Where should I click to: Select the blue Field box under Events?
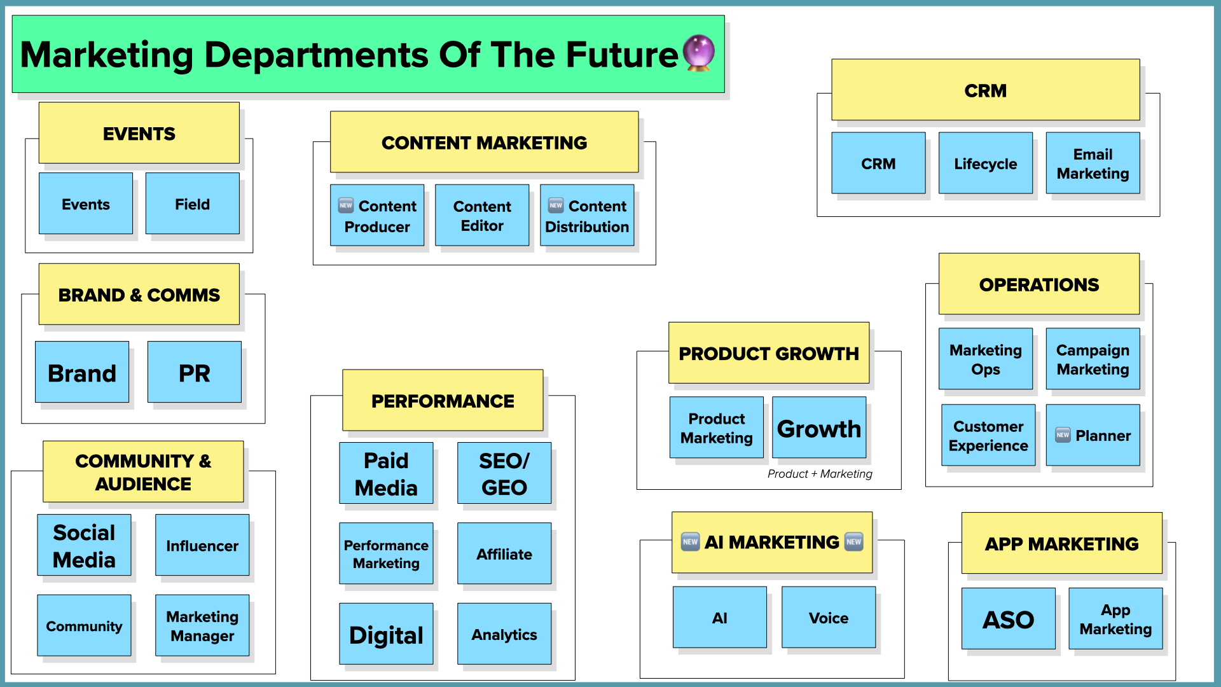[192, 204]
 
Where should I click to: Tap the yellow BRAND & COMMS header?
[139, 295]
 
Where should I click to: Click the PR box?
[194, 372]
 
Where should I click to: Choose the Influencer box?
[202, 545]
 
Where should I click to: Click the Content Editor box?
[481, 215]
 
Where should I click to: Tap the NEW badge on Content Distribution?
[556, 205]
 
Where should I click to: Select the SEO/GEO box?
[504, 473]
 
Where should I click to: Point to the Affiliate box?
[504, 553]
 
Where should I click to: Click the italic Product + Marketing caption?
[819, 474]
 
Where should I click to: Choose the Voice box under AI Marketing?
[828, 617]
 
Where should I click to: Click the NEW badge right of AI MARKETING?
[853, 542]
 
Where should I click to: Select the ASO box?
[1008, 618]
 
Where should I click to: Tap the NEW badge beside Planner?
[1063, 435]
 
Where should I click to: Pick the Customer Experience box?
[988, 435]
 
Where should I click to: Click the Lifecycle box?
[985, 163]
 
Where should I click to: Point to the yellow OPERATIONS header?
[1038, 284]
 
